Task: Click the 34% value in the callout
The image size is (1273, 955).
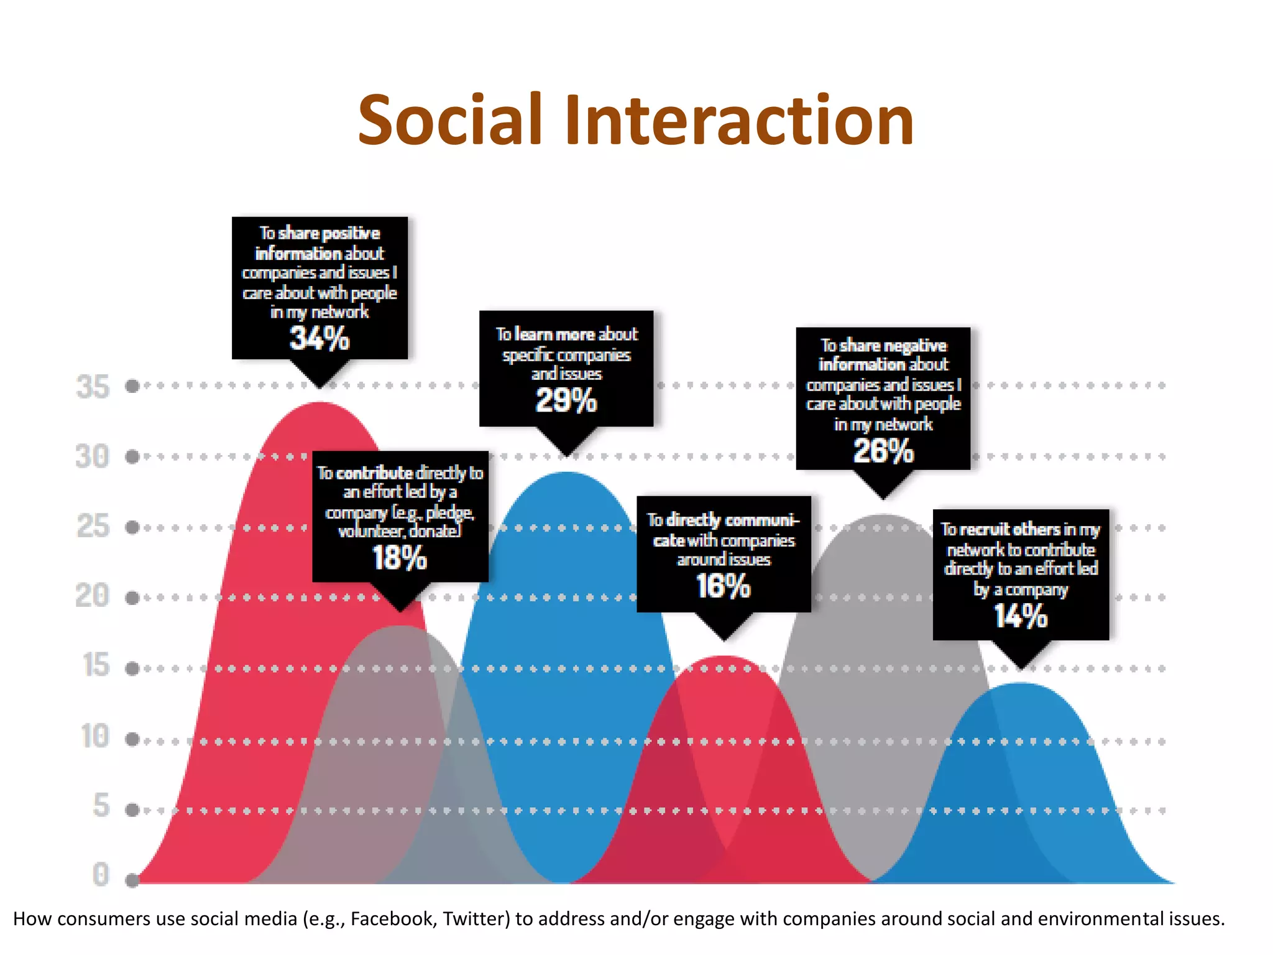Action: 319,339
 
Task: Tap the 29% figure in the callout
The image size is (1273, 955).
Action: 566,400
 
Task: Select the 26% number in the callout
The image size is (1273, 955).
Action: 883,451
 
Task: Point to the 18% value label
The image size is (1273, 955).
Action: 400,558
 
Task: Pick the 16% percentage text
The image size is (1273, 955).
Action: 723,586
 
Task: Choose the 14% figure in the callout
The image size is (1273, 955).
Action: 1020,616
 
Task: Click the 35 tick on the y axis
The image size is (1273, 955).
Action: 93,387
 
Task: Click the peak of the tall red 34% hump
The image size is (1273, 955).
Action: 319,404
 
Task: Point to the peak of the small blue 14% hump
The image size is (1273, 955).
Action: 1021,684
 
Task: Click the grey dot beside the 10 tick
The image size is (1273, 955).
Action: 132,739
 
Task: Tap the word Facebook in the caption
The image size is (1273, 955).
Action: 392,918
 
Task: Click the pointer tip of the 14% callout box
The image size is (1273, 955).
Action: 1021,668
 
